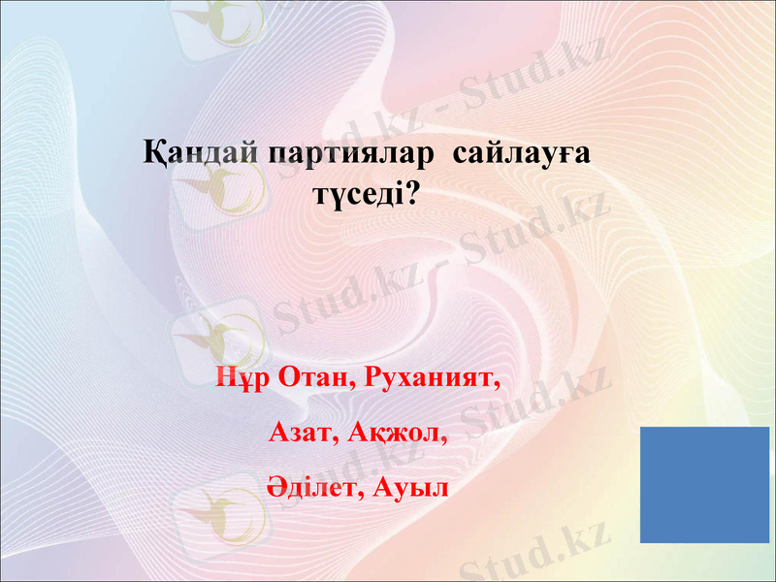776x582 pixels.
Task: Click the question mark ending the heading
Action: tap(412, 194)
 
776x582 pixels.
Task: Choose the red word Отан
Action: tap(308, 377)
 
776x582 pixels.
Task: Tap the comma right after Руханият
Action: tap(500, 382)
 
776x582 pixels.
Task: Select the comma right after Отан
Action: tap(352, 382)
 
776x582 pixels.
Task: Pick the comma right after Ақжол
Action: tap(447, 436)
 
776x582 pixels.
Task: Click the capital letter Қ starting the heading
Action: tap(152, 153)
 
